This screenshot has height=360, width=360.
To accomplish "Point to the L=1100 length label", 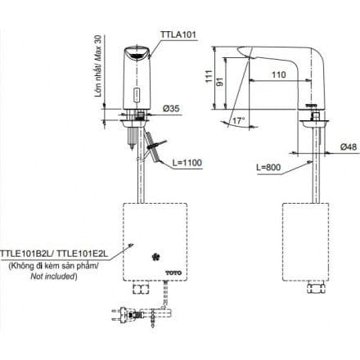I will point(191,162).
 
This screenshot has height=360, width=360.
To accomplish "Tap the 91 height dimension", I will point(232,86).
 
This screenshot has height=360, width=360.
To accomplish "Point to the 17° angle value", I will point(239,120).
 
